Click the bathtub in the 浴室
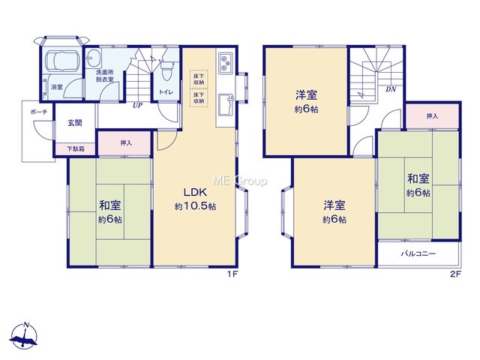click(x=62, y=60)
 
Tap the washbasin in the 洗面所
click(x=93, y=58)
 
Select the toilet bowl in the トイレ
click(x=166, y=68)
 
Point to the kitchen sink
click(x=225, y=105)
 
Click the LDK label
click(x=195, y=192)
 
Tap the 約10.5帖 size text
click(x=195, y=206)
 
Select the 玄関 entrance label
click(x=75, y=123)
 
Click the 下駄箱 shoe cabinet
click(x=76, y=149)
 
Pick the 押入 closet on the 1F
click(x=124, y=143)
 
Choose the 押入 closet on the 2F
click(x=432, y=116)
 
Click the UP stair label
click(x=137, y=105)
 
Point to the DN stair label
click(x=391, y=89)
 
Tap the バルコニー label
click(x=418, y=253)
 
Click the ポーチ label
click(x=39, y=112)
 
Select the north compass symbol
click(x=24, y=336)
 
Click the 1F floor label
click(x=232, y=274)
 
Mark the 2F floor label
click(x=455, y=274)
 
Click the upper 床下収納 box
click(x=199, y=79)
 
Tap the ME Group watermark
click(x=240, y=181)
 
